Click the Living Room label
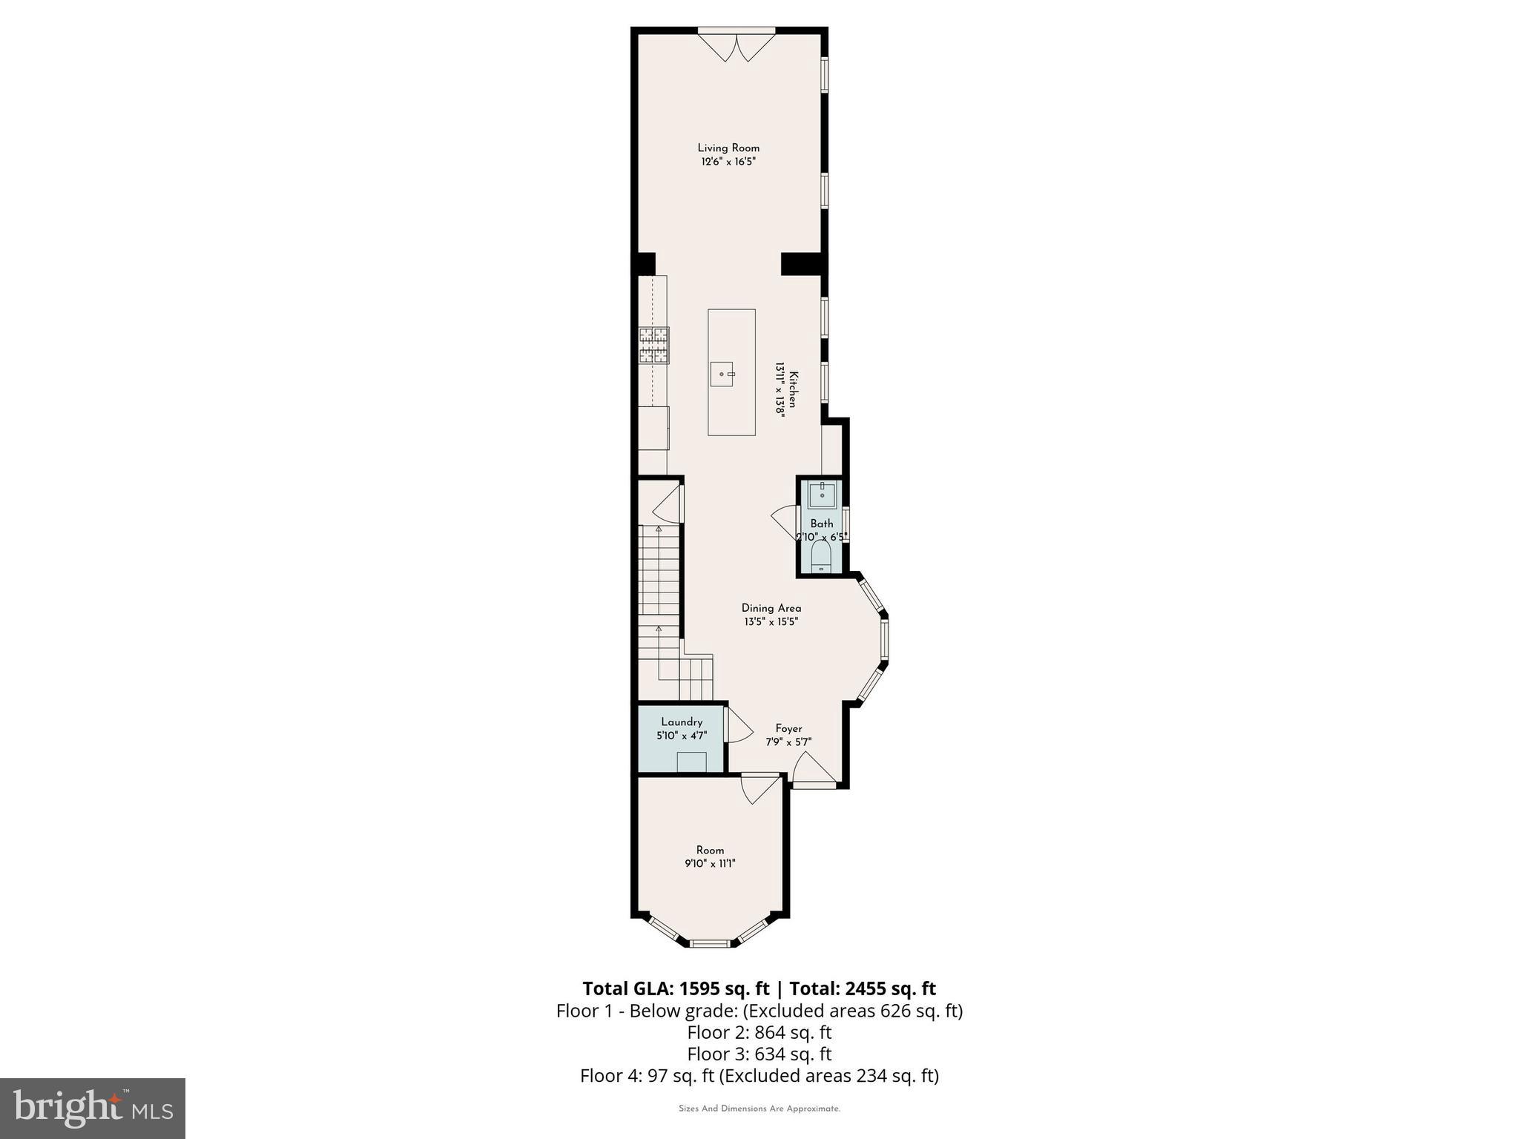728,148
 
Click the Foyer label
788,729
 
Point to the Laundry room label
682,722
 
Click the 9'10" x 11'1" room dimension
710,864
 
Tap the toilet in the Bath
821,555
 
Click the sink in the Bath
822,494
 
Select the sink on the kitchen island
722,374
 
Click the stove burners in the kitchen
654,346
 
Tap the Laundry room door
737,725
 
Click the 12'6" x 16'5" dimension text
728,162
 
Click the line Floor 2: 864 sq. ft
759,1032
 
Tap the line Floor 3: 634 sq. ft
759,1054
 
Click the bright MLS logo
93,1109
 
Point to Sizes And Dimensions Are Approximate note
759,1109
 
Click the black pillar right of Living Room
802,264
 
